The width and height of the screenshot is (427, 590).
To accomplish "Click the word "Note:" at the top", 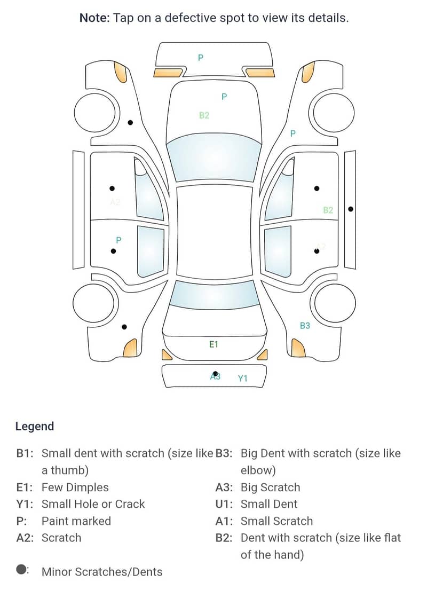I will coord(95,18).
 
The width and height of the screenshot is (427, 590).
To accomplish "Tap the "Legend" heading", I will coord(35,426).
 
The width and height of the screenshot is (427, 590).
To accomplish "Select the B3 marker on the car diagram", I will coord(305,326).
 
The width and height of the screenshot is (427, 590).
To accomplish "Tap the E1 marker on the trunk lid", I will coord(213,344).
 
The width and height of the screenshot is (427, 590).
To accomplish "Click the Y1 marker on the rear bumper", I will coord(243,379).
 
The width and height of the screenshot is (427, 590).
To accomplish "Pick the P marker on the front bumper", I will coord(201,58).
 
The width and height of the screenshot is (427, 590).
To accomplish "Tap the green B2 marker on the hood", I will coord(204,115).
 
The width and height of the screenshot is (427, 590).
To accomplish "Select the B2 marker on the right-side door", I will coord(328,210).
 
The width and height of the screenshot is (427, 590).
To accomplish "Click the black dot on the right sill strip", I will coord(350,209).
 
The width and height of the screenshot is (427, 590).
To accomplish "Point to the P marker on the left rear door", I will coord(118,240).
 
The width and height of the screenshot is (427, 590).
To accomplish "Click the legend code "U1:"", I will coord(224,504).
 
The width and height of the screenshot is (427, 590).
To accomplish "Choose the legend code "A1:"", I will coord(224,521).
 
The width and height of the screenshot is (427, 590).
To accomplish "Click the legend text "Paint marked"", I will coord(76,521).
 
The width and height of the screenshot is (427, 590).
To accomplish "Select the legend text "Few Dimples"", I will coord(75,487).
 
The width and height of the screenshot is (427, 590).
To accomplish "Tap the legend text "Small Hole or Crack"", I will coord(93,504).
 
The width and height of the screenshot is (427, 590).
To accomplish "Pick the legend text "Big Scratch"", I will coord(270,487).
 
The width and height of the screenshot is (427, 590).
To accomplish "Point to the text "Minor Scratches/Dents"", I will coord(102,572).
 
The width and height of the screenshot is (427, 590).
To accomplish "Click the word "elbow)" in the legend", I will coord(258,470).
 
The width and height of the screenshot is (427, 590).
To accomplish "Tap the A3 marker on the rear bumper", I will coord(215,376).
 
